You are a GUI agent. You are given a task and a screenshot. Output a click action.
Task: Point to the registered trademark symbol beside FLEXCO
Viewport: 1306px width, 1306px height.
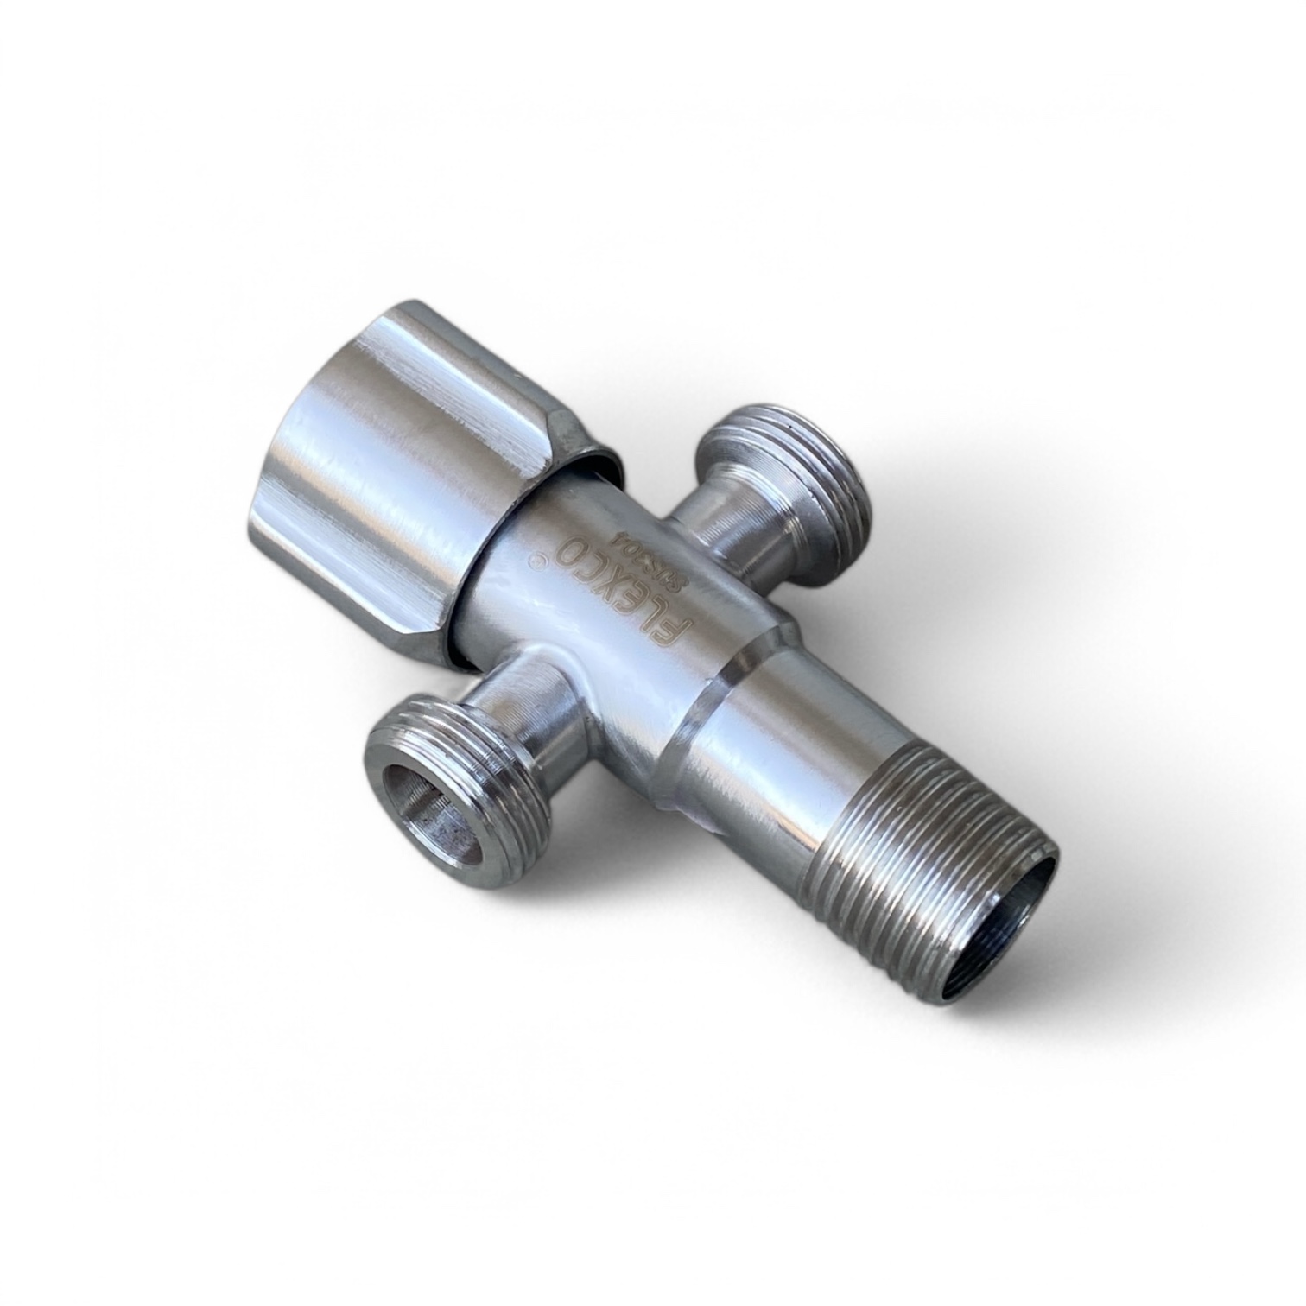[x=542, y=562]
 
